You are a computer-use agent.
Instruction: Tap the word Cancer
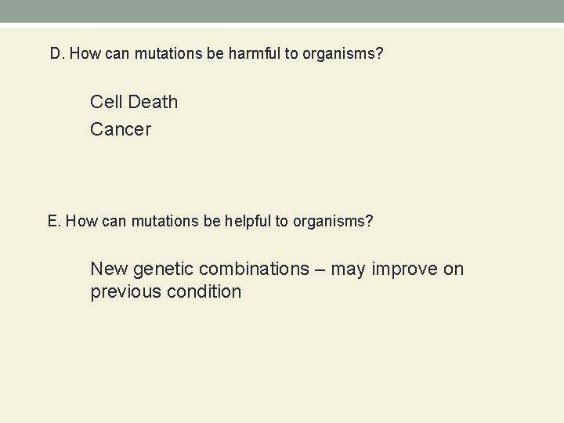point(121,129)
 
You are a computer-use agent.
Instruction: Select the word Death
point(153,102)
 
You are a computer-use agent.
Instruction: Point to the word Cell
point(106,102)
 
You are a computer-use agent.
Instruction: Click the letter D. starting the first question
point(57,54)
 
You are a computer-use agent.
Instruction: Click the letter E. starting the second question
point(54,221)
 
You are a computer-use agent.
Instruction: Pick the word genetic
point(163,269)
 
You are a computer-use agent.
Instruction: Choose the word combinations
point(254,269)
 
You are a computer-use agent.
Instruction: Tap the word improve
point(405,269)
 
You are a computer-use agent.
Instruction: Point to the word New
point(109,269)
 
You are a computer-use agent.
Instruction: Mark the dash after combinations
point(320,269)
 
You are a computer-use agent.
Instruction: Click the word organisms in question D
point(343,55)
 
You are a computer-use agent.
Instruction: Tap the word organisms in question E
point(333,222)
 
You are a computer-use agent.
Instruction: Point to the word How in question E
point(81,221)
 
